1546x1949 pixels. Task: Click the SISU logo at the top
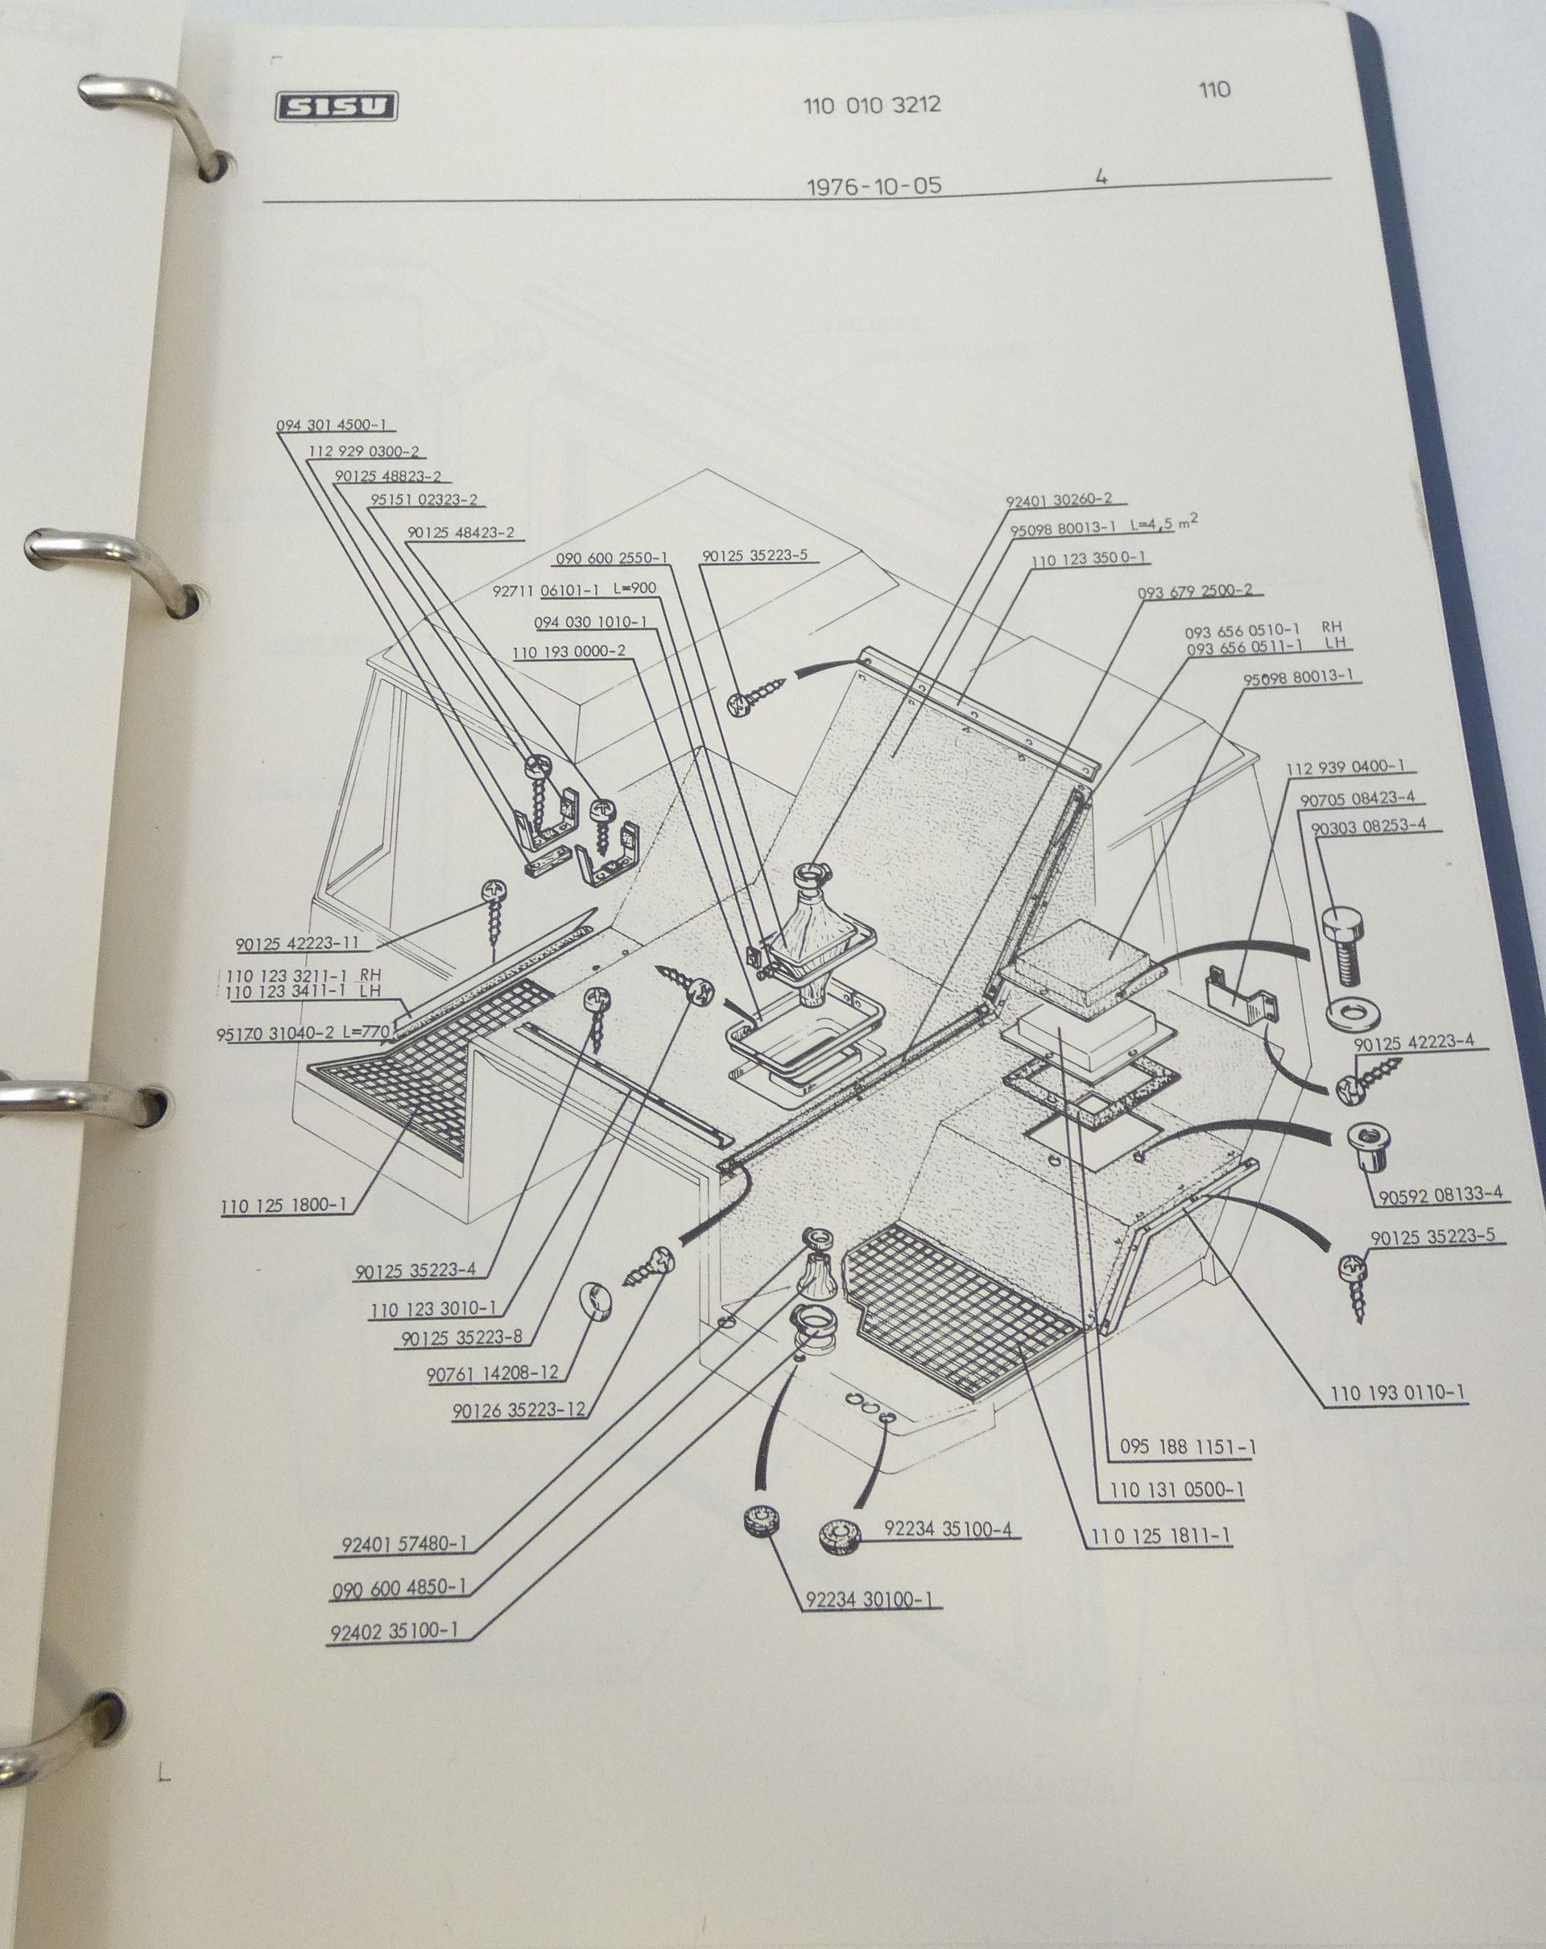click(336, 108)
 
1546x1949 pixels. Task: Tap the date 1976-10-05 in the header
click(873, 186)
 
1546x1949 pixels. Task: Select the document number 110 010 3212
click(872, 105)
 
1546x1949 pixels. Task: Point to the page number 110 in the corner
click(1214, 89)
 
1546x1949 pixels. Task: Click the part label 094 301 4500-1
click(332, 425)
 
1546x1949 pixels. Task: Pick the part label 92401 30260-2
click(1059, 500)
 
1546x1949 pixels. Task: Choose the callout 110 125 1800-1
click(283, 1206)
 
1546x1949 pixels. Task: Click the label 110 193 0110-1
click(1397, 1393)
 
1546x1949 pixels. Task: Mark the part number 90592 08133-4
click(1441, 1195)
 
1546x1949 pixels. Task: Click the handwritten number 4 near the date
click(1102, 176)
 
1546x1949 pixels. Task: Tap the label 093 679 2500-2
click(1197, 591)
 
